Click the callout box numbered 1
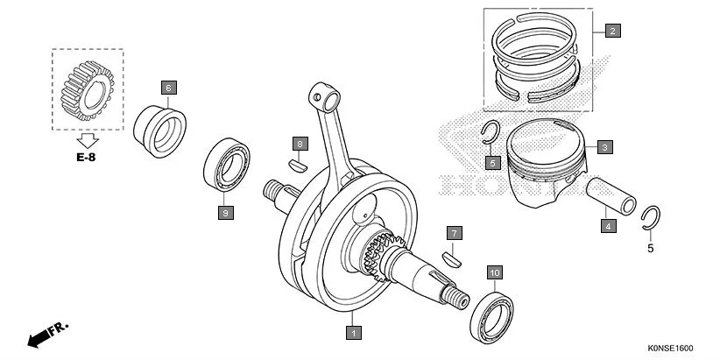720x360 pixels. tap(353, 332)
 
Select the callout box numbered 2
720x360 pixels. tap(612, 31)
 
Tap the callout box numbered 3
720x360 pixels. tap(604, 147)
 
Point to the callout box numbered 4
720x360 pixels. tap(607, 225)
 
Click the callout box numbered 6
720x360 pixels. tap(168, 87)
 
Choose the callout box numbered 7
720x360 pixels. tap(453, 233)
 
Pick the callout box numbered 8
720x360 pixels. tap(299, 144)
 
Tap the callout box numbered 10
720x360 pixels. tap(494, 273)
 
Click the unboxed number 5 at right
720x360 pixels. tap(650, 249)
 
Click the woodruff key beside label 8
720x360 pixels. tap(298, 163)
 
